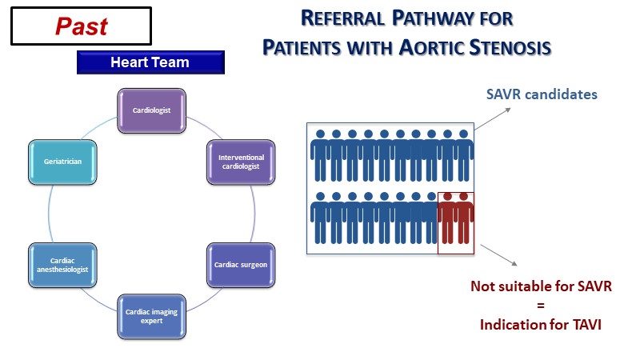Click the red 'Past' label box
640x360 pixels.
(x=82, y=26)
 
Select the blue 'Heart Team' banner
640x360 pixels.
(x=150, y=62)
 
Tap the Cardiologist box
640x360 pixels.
(x=151, y=111)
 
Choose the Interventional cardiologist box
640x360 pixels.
(x=241, y=161)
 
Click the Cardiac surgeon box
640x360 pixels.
(x=241, y=264)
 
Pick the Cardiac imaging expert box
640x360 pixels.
(x=151, y=316)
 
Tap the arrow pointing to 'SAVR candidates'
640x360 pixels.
(x=493, y=118)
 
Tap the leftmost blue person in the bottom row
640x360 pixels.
(x=319, y=222)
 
